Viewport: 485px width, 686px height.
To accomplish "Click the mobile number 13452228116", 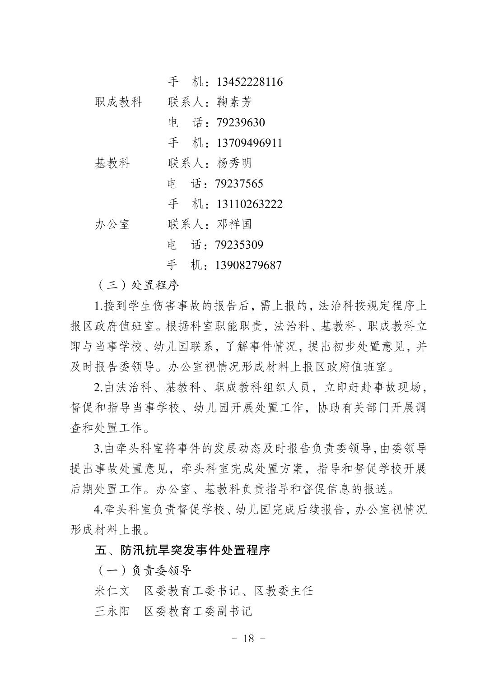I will point(250,82).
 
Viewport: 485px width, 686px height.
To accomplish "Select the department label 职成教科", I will point(118,102).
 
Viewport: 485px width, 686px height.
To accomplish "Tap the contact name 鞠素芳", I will point(234,102).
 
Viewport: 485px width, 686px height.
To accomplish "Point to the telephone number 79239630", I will point(241,122).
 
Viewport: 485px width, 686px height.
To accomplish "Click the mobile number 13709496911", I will point(250,143).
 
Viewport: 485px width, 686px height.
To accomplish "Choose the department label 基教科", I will point(112,163).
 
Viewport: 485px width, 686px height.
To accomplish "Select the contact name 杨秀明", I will point(234,163).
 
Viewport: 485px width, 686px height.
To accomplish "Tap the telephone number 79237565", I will point(239,184).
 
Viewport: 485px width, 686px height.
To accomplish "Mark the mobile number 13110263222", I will point(250,204).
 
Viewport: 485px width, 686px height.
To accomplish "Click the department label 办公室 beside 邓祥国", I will point(112,224).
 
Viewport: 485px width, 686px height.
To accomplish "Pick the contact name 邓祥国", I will point(234,224).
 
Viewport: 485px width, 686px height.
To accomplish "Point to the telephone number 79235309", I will point(239,245).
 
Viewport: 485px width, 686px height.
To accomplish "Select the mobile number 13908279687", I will point(249,265).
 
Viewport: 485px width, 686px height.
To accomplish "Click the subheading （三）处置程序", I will point(137,285).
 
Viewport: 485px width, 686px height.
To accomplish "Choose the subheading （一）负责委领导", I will point(143,570).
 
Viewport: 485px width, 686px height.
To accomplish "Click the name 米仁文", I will point(112,591).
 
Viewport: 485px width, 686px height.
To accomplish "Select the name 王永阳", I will point(112,611).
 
